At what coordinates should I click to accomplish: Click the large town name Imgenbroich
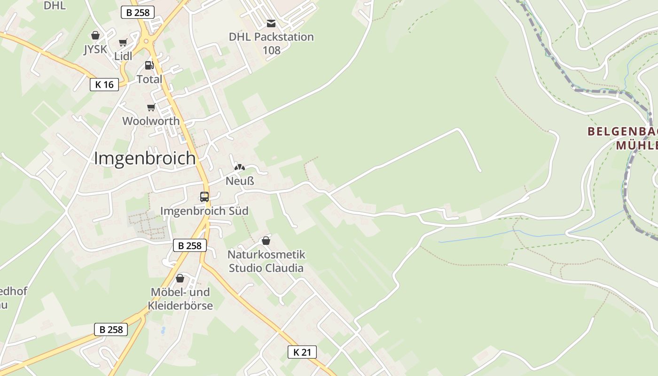pos(145,158)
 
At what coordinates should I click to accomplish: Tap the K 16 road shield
pos(104,85)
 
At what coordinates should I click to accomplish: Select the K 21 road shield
pos(302,352)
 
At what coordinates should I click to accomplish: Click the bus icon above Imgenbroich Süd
pos(204,197)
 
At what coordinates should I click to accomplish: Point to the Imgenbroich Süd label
pos(204,211)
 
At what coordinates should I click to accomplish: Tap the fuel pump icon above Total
pos(149,65)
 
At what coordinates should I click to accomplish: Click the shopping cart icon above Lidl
pos(123,43)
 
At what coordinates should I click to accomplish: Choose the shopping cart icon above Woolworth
pos(151,108)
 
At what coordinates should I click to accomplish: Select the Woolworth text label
pos(151,121)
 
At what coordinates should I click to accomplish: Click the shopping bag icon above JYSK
pos(95,36)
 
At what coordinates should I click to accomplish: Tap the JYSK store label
pos(95,49)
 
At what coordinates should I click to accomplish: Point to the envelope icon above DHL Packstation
pos(271,23)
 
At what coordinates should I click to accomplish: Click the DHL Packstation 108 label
pos(271,43)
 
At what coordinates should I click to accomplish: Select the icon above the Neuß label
pos(240,167)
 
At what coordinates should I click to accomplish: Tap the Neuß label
pos(240,181)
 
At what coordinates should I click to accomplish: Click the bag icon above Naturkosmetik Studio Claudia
pos(266,241)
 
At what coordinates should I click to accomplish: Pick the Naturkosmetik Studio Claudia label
pos(266,261)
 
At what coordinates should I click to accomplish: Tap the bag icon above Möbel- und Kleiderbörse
pos(180,279)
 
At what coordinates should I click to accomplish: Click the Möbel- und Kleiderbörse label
pos(180,299)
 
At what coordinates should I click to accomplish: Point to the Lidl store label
pos(123,56)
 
